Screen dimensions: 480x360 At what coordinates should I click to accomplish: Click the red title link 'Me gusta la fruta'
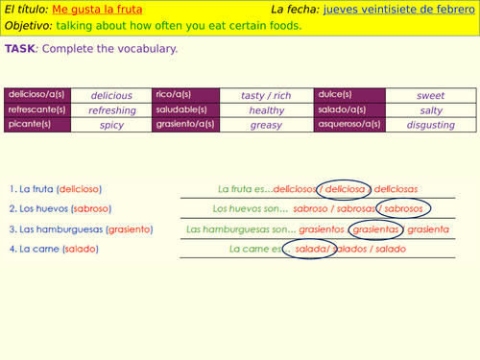pyautogui.click(x=97, y=10)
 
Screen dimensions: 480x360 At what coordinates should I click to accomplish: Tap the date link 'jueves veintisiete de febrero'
pyautogui.click(x=399, y=10)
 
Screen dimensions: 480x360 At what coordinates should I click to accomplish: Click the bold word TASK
pyautogui.click(x=20, y=49)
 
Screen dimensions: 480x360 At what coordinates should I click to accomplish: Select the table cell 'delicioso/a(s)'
pyautogui.click(x=37, y=95)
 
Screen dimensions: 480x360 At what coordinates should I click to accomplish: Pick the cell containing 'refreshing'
pyautogui.click(x=111, y=110)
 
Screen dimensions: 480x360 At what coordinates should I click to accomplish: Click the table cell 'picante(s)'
pyautogui.click(x=37, y=125)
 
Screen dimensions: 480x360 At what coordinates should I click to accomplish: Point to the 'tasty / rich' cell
pyautogui.click(x=266, y=95)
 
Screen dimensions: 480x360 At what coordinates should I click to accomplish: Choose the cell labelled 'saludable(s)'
pyautogui.click(x=186, y=110)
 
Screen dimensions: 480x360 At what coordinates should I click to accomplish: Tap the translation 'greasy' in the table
pyautogui.click(x=266, y=125)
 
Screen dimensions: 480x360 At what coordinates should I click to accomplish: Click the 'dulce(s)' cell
pyautogui.click(x=349, y=95)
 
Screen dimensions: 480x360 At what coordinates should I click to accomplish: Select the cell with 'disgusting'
pyautogui.click(x=431, y=125)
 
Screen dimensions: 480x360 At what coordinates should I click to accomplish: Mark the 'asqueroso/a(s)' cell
pyautogui.click(x=349, y=125)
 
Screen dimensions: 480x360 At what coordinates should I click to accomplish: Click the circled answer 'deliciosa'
pyautogui.click(x=345, y=189)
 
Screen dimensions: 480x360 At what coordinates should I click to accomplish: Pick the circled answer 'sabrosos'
pyautogui.click(x=403, y=208)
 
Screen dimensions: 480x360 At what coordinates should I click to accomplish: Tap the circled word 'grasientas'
pyautogui.click(x=375, y=229)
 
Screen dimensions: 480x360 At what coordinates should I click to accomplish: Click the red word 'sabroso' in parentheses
pyautogui.click(x=91, y=208)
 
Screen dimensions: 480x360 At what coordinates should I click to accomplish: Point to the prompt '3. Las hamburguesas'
pyautogui.click(x=56, y=229)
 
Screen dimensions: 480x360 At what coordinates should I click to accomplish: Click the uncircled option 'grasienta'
pyautogui.click(x=428, y=229)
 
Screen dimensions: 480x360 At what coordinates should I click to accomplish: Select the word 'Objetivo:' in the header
pyautogui.click(x=28, y=26)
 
